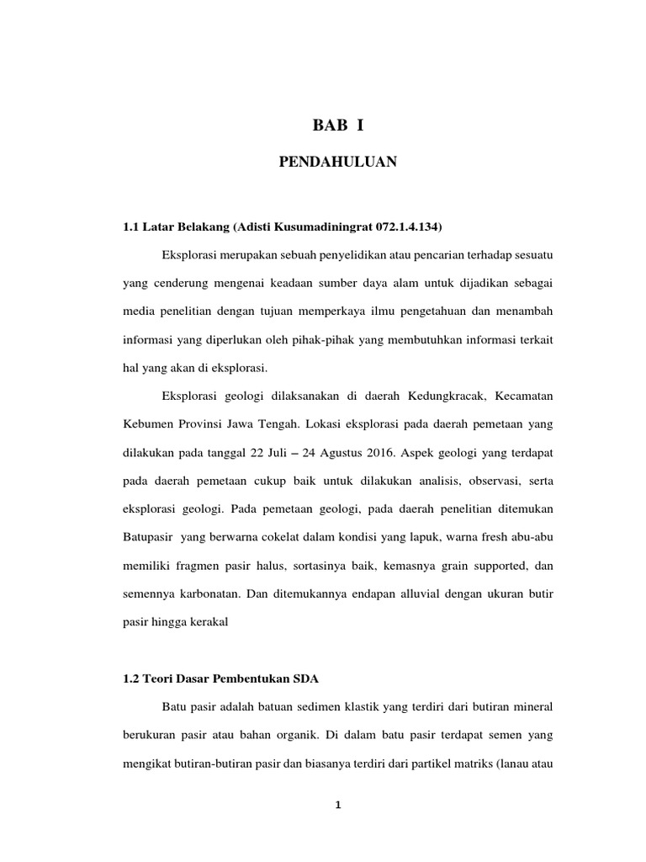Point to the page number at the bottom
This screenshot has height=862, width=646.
point(337,806)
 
